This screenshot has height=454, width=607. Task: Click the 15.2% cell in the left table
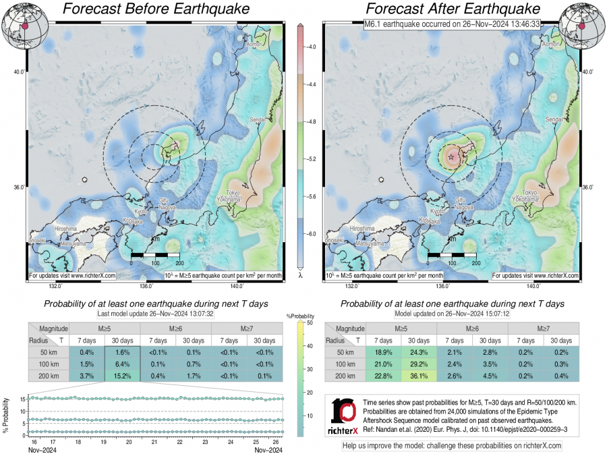click(x=122, y=376)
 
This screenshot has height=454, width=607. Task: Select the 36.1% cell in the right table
click(x=419, y=376)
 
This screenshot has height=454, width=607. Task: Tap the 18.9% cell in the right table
click(x=384, y=352)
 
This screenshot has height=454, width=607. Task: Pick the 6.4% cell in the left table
click(x=122, y=364)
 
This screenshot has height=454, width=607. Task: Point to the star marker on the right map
click(x=451, y=157)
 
